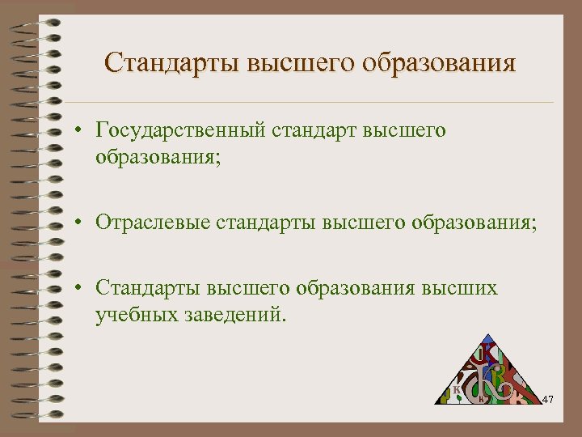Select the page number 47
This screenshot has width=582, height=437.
(548, 399)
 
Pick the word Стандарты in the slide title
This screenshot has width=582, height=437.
(171, 62)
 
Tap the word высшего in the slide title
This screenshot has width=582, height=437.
(301, 62)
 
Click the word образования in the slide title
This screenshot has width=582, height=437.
(438, 62)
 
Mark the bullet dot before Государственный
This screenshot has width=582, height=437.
(82, 131)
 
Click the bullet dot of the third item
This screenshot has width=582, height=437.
(82, 289)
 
